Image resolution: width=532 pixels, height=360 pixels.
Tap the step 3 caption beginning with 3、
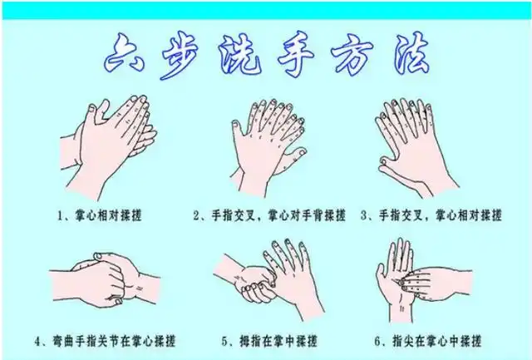(431, 215)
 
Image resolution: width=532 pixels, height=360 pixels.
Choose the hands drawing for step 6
(416, 274)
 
